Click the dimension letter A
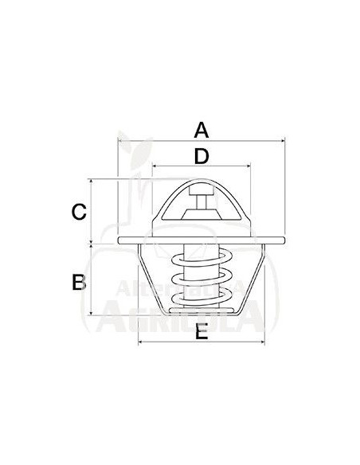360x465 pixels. click(x=202, y=129)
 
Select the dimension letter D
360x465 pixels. click(x=202, y=155)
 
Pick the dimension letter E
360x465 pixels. click(x=202, y=334)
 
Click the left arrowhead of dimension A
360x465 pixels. click(x=119, y=141)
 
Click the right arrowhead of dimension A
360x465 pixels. click(x=282, y=141)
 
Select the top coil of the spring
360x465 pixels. click(x=201, y=256)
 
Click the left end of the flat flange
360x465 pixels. click(x=120, y=240)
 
